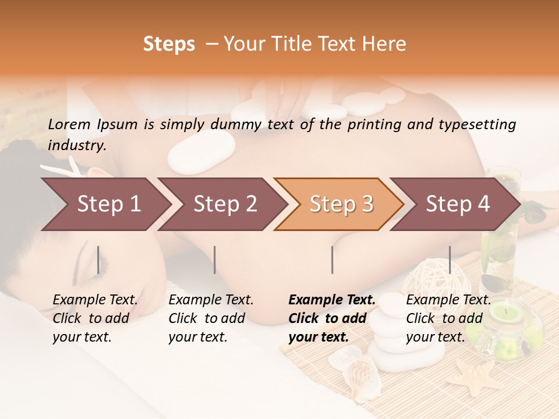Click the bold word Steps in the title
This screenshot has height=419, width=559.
[x=169, y=44]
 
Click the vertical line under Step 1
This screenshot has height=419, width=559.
[x=98, y=260]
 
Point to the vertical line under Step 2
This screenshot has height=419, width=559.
[x=215, y=260]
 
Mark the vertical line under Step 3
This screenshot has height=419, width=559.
[x=332, y=260]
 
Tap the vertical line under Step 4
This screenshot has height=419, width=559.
[x=450, y=260]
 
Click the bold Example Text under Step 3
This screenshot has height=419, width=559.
[x=332, y=300]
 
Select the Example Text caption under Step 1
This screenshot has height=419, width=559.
[x=95, y=300]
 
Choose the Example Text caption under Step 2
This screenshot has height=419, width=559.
[x=211, y=300]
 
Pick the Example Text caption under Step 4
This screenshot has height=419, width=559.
[x=448, y=300]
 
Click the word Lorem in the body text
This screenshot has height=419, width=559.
[x=69, y=124]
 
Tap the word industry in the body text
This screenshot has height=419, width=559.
[x=76, y=145]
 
